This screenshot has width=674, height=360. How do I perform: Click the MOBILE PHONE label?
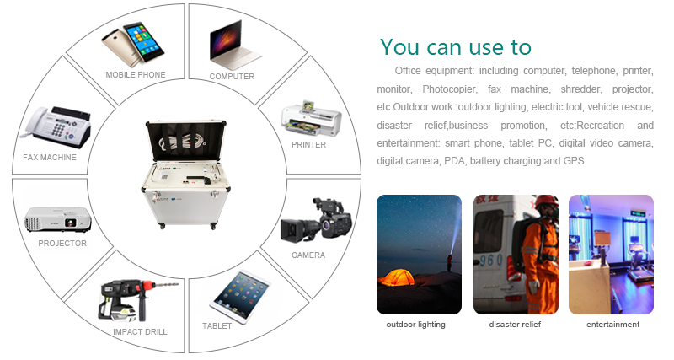click(x=136, y=75)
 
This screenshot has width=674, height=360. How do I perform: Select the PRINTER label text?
click(x=308, y=145)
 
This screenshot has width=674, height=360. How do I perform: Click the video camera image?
click(x=317, y=220)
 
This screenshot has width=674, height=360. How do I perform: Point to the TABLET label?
click(x=217, y=326)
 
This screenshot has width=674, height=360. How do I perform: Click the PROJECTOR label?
click(x=62, y=244)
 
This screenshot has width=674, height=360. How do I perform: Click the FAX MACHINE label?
click(x=50, y=158)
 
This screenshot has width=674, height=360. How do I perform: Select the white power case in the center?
click(x=185, y=175)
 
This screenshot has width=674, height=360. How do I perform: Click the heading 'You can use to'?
click(x=455, y=47)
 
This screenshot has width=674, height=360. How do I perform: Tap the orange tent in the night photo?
click(x=396, y=278)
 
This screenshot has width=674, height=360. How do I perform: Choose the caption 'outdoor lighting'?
click(x=415, y=325)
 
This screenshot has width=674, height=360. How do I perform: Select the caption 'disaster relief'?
click(x=515, y=325)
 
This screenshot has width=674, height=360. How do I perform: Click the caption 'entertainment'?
click(x=613, y=325)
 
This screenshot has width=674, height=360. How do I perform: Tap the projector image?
click(x=57, y=219)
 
